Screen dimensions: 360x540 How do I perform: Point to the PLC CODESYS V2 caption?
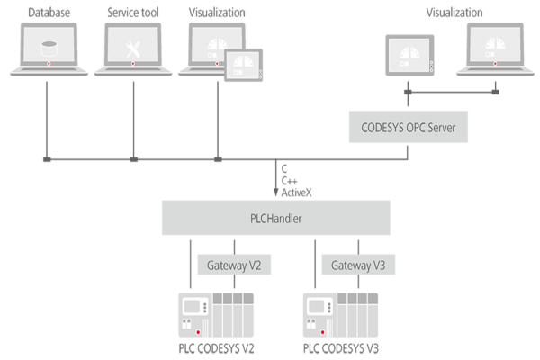tap(216, 347)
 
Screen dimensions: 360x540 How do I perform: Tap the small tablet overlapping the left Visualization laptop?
tap(242, 65)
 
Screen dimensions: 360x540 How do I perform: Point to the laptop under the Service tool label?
tap(132, 50)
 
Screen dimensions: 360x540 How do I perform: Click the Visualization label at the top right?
tap(454, 13)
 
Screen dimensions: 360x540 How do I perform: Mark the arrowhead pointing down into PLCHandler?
tap(276, 194)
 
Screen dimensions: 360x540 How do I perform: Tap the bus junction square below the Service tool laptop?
tap(133, 160)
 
